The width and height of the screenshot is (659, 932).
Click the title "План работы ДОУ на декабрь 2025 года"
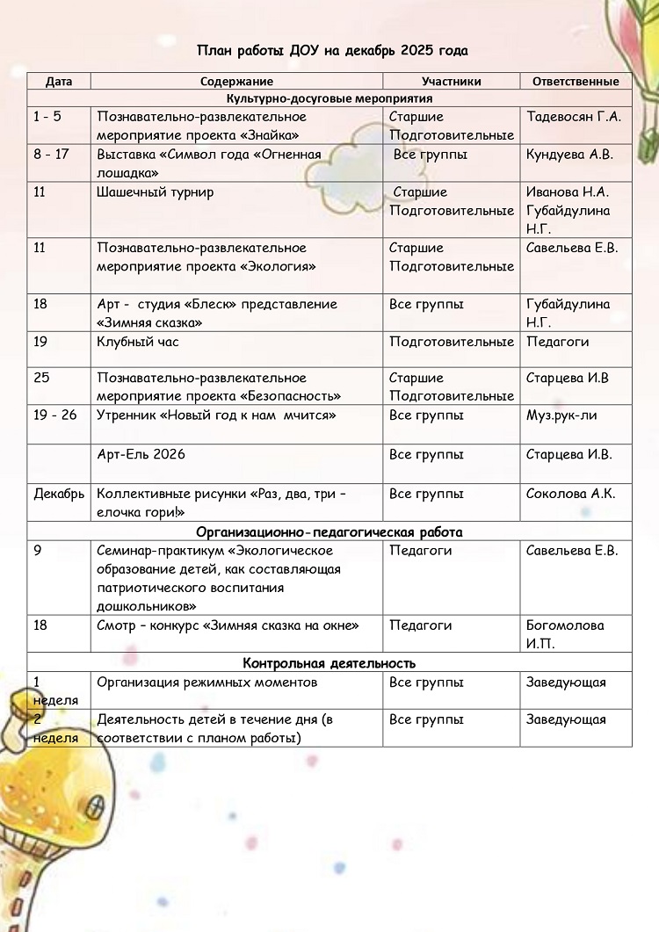[332, 51]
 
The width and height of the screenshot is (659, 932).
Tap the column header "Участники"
[451, 82]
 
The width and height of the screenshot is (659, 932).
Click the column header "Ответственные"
[576, 82]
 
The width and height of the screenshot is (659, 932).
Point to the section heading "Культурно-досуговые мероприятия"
[329, 98]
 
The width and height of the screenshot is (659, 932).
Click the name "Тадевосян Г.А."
[573, 117]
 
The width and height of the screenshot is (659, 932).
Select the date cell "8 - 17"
[53, 155]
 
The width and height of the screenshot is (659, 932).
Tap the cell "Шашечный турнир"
[156, 192]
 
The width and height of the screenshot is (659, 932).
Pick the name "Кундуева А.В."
[569, 155]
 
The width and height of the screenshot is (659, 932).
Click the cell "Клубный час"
[138, 342]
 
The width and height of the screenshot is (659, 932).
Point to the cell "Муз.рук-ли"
[561, 415]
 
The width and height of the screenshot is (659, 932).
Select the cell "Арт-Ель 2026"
[141, 454]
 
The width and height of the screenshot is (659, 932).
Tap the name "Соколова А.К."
[570, 494]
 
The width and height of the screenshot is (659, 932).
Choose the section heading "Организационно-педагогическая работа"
[329, 532]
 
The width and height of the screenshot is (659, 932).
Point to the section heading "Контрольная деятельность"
[329, 663]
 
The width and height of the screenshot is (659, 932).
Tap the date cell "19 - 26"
[55, 415]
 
